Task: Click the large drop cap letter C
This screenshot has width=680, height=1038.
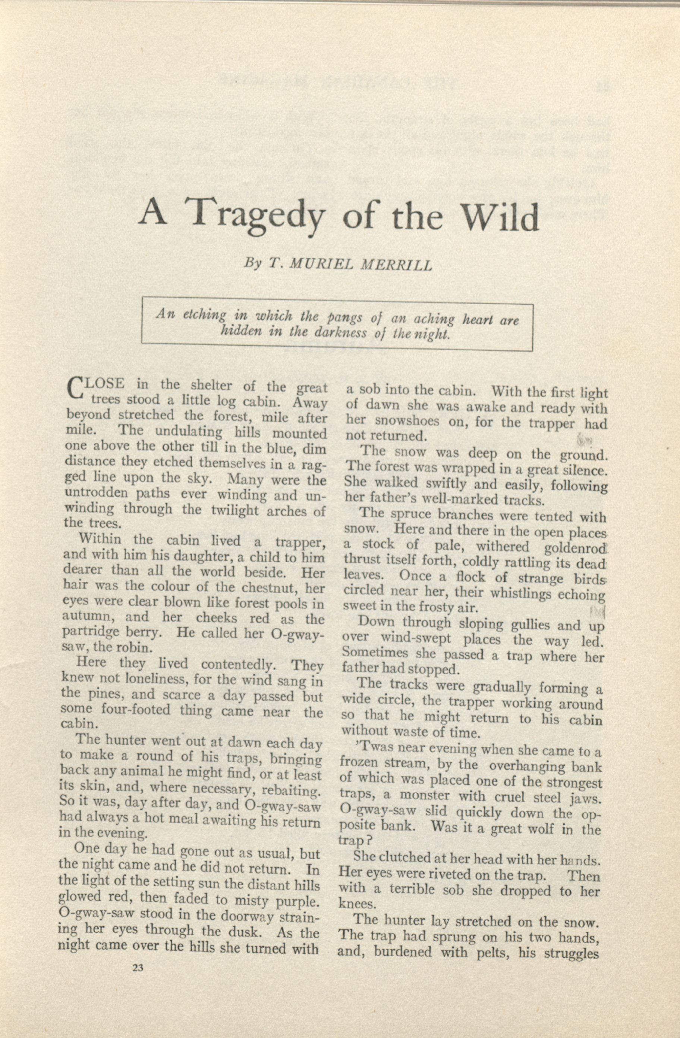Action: coord(75,388)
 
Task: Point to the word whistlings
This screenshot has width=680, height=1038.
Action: coord(523,594)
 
